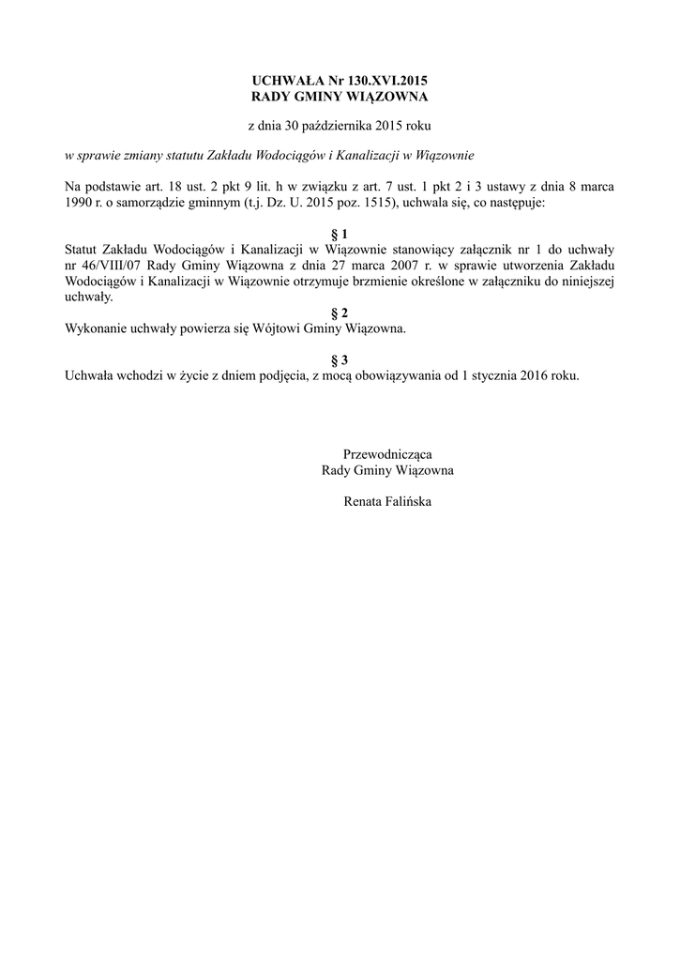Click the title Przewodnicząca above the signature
coord(387,454)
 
